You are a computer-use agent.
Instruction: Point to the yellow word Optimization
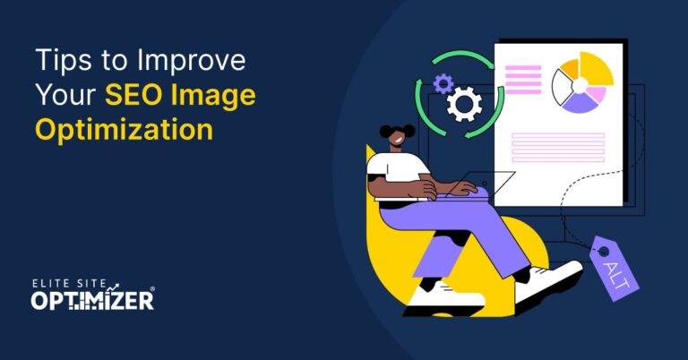pyautogui.click(x=124, y=128)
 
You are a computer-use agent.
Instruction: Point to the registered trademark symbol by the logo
pyautogui.click(x=152, y=290)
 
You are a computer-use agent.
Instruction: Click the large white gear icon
pyautogui.click(x=464, y=105)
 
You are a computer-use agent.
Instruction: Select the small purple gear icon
pyautogui.click(x=443, y=83)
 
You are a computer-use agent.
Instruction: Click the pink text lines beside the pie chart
pyautogui.click(x=523, y=76)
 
